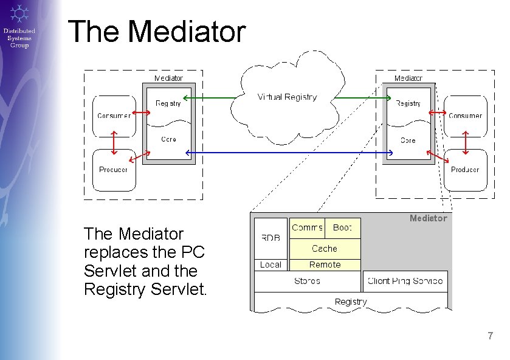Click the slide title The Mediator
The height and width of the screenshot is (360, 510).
(157, 32)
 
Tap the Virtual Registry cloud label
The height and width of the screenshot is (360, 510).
(287, 97)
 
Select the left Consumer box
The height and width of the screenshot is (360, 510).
(114, 116)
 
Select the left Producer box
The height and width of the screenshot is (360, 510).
(114, 170)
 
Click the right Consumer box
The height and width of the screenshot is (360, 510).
(465, 116)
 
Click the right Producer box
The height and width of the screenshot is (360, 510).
(465, 170)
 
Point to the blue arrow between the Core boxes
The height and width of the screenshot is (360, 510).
(289, 152)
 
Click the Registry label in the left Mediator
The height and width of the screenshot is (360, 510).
(168, 103)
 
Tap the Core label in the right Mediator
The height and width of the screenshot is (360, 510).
(408, 140)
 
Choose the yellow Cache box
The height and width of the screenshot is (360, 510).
(325, 249)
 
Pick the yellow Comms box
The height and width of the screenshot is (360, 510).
(307, 227)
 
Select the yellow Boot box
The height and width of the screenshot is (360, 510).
(343, 227)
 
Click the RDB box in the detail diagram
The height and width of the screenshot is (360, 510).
(271, 238)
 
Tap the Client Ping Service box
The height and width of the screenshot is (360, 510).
(405, 281)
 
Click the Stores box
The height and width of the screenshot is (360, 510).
(307, 281)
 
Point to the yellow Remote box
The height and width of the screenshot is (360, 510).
(325, 265)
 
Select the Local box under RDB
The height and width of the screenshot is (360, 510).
(271, 265)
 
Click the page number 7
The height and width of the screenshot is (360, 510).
(490, 336)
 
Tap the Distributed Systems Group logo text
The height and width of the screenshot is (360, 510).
(19, 38)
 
